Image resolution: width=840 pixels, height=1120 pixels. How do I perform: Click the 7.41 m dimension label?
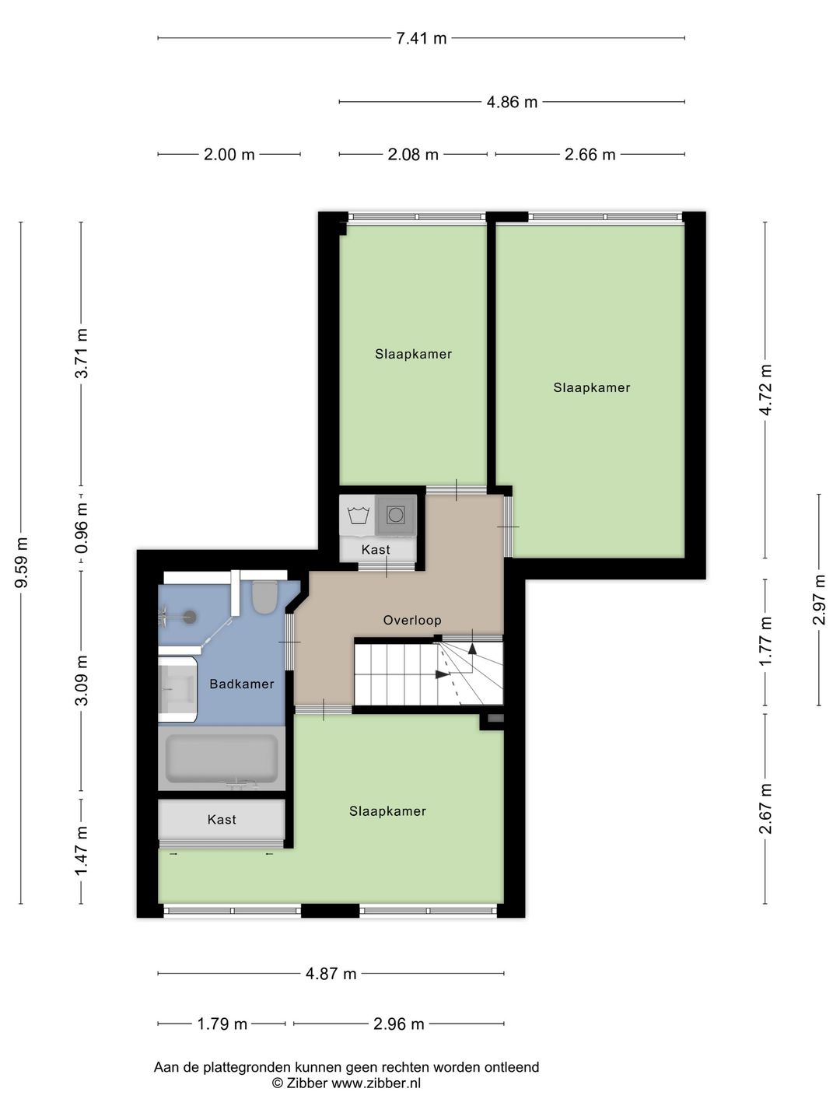tap(422, 38)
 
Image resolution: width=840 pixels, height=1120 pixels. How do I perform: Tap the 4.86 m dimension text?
tap(512, 102)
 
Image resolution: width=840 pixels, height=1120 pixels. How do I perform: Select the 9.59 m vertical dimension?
tap(22, 562)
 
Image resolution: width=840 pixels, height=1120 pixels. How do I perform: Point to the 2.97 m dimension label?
tap(819, 600)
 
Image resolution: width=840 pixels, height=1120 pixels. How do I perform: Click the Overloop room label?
tap(412, 620)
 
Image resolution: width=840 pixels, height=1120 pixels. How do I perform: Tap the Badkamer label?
tap(242, 684)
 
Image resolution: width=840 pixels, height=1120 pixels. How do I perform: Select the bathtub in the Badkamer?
tap(222, 759)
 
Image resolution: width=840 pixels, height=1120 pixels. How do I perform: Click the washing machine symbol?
tap(358, 516)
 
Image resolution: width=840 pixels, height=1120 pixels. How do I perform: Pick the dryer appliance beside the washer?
tap(396, 515)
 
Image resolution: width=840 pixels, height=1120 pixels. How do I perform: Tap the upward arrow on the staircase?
tap(472, 649)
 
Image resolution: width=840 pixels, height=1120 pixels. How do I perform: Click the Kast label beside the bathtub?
tap(222, 820)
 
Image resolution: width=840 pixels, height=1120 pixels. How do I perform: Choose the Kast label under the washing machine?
tap(376, 550)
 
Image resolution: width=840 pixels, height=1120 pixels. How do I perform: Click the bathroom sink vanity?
tap(177, 689)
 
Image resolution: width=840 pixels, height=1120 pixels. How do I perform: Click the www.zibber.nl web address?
tap(376, 1083)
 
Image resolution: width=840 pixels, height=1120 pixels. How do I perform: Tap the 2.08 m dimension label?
tap(413, 154)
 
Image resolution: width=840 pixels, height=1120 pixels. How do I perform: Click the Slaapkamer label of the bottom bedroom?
tap(387, 811)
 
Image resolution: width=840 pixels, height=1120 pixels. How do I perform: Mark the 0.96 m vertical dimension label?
tap(82, 528)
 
